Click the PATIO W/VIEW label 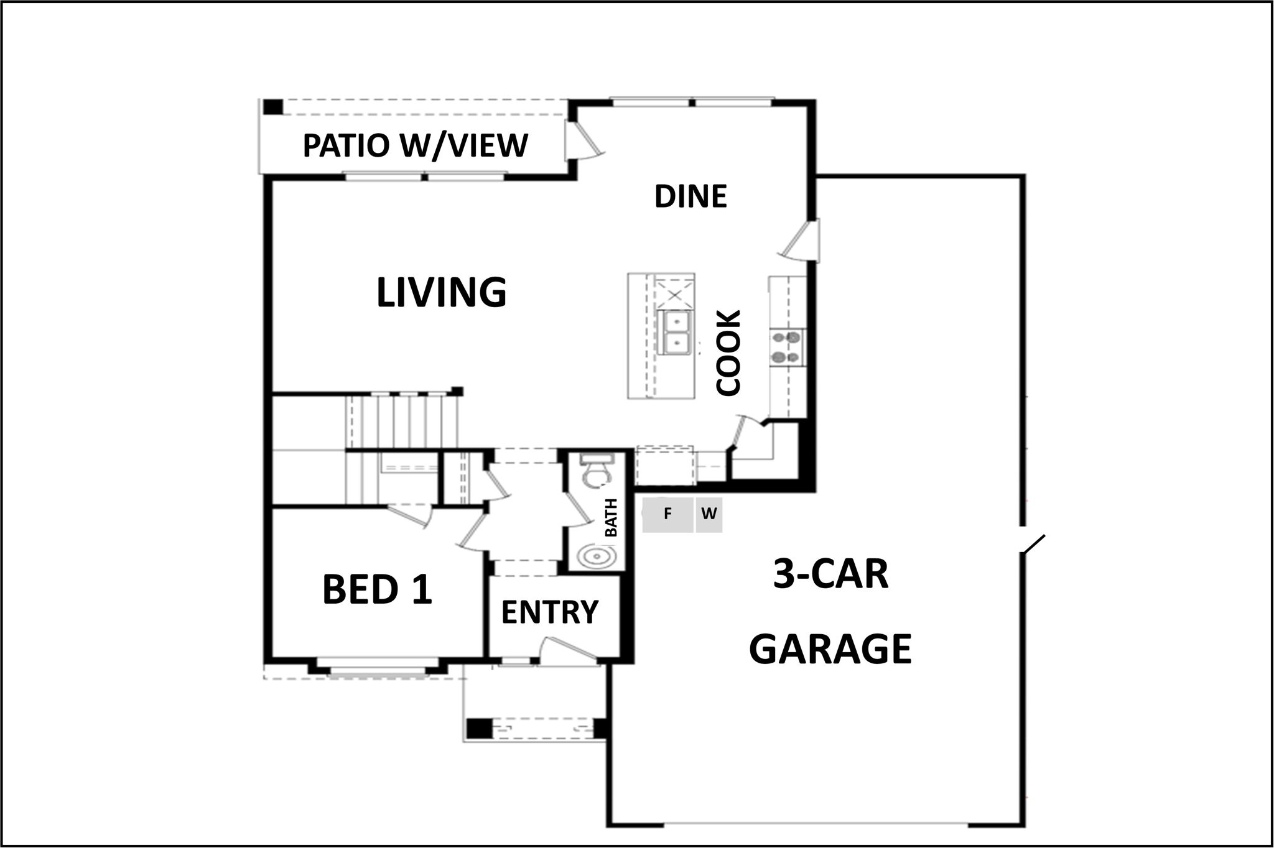click(x=415, y=145)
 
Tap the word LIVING click(x=442, y=292)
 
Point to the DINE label click(x=690, y=196)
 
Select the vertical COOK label click(x=728, y=353)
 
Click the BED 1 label click(x=377, y=589)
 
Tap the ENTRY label click(x=549, y=612)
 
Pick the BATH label click(x=611, y=518)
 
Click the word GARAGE click(x=830, y=649)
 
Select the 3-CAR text click(x=830, y=574)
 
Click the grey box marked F click(x=667, y=515)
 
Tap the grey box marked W click(x=709, y=515)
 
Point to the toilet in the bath click(x=596, y=471)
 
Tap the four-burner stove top click(x=786, y=348)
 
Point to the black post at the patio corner click(x=272, y=107)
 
